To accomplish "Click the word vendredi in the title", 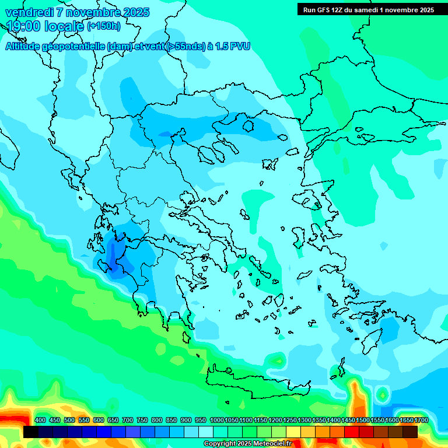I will pyautogui.click(x=30, y=12).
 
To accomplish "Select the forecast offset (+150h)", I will pyautogui.click(x=103, y=26).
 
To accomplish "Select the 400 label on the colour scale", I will pyautogui.click(x=40, y=421).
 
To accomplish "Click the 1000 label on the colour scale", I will pyautogui.click(x=217, y=421).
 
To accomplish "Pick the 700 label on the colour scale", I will pyautogui.click(x=128, y=421).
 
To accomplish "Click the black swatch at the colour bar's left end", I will pyautogui.click(x=31, y=432).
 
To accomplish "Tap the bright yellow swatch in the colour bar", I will pyautogui.click(x=293, y=432).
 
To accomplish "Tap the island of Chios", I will pyautogui.click(x=299, y=236).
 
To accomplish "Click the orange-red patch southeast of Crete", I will pyautogui.click(x=357, y=397).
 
